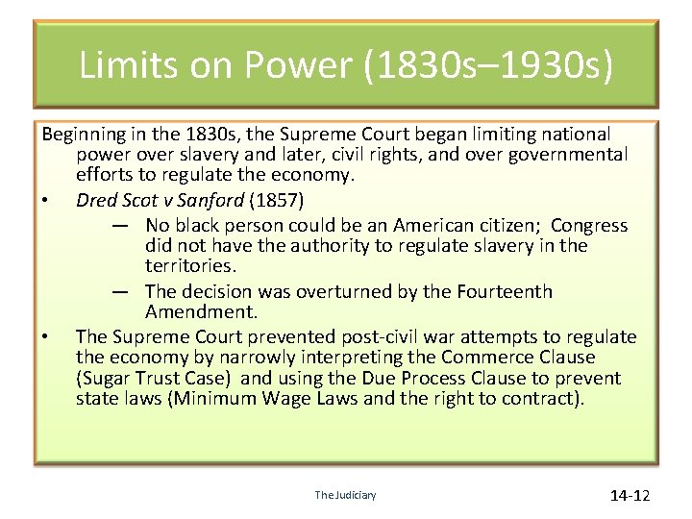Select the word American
(x=437, y=225)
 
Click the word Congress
(x=589, y=225)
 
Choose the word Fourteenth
(x=501, y=291)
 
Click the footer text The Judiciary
(x=345, y=495)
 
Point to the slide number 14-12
(x=630, y=496)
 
